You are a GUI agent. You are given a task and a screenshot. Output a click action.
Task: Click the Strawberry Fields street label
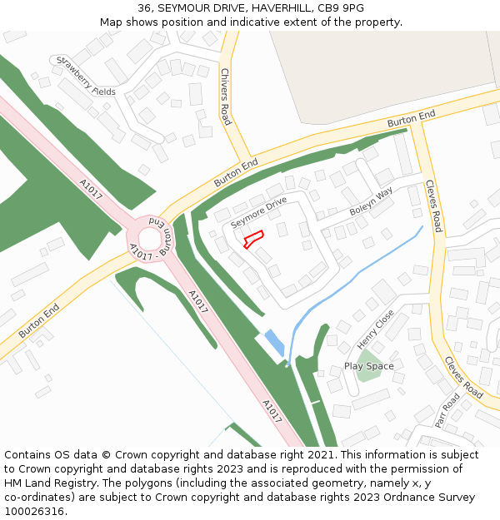tap(83, 76)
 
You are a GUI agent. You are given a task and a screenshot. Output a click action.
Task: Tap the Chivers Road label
tap(225, 97)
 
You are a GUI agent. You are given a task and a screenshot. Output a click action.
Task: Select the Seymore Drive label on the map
tap(258, 213)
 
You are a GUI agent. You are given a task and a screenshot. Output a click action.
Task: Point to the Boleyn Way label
tap(371, 202)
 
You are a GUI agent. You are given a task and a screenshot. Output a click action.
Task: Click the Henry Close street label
tap(375, 329)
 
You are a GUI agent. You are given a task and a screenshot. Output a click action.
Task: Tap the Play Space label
tap(368, 366)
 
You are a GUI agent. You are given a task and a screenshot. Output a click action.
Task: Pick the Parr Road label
tap(447, 409)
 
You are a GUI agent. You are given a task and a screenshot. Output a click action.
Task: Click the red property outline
tap(253, 239)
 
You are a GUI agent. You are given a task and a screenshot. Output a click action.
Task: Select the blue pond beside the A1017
tap(273, 342)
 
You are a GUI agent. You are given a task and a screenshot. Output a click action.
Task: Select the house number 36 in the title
tap(144, 8)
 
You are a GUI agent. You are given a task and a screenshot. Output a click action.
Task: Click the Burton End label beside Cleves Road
tap(411, 119)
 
